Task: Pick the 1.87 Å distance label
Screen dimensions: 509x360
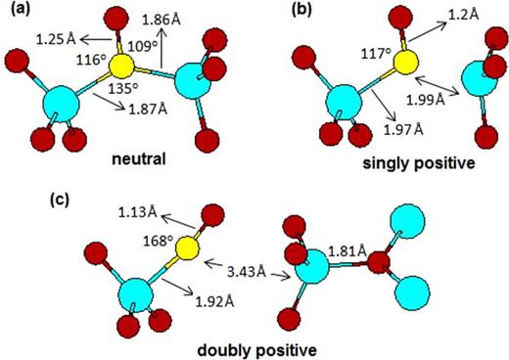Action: point(150,108)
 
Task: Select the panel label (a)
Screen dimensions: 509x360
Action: point(19,13)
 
